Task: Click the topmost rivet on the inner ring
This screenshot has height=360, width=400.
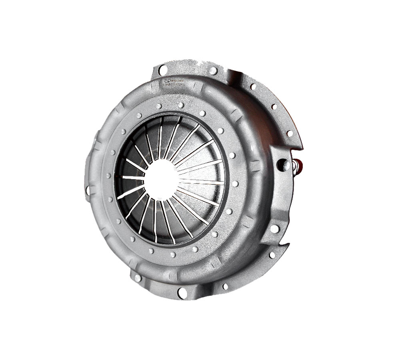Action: click(181, 105)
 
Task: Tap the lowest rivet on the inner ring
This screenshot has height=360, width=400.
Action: click(173, 255)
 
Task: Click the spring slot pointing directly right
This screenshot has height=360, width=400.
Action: click(200, 181)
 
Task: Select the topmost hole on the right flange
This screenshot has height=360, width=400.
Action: click(253, 86)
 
